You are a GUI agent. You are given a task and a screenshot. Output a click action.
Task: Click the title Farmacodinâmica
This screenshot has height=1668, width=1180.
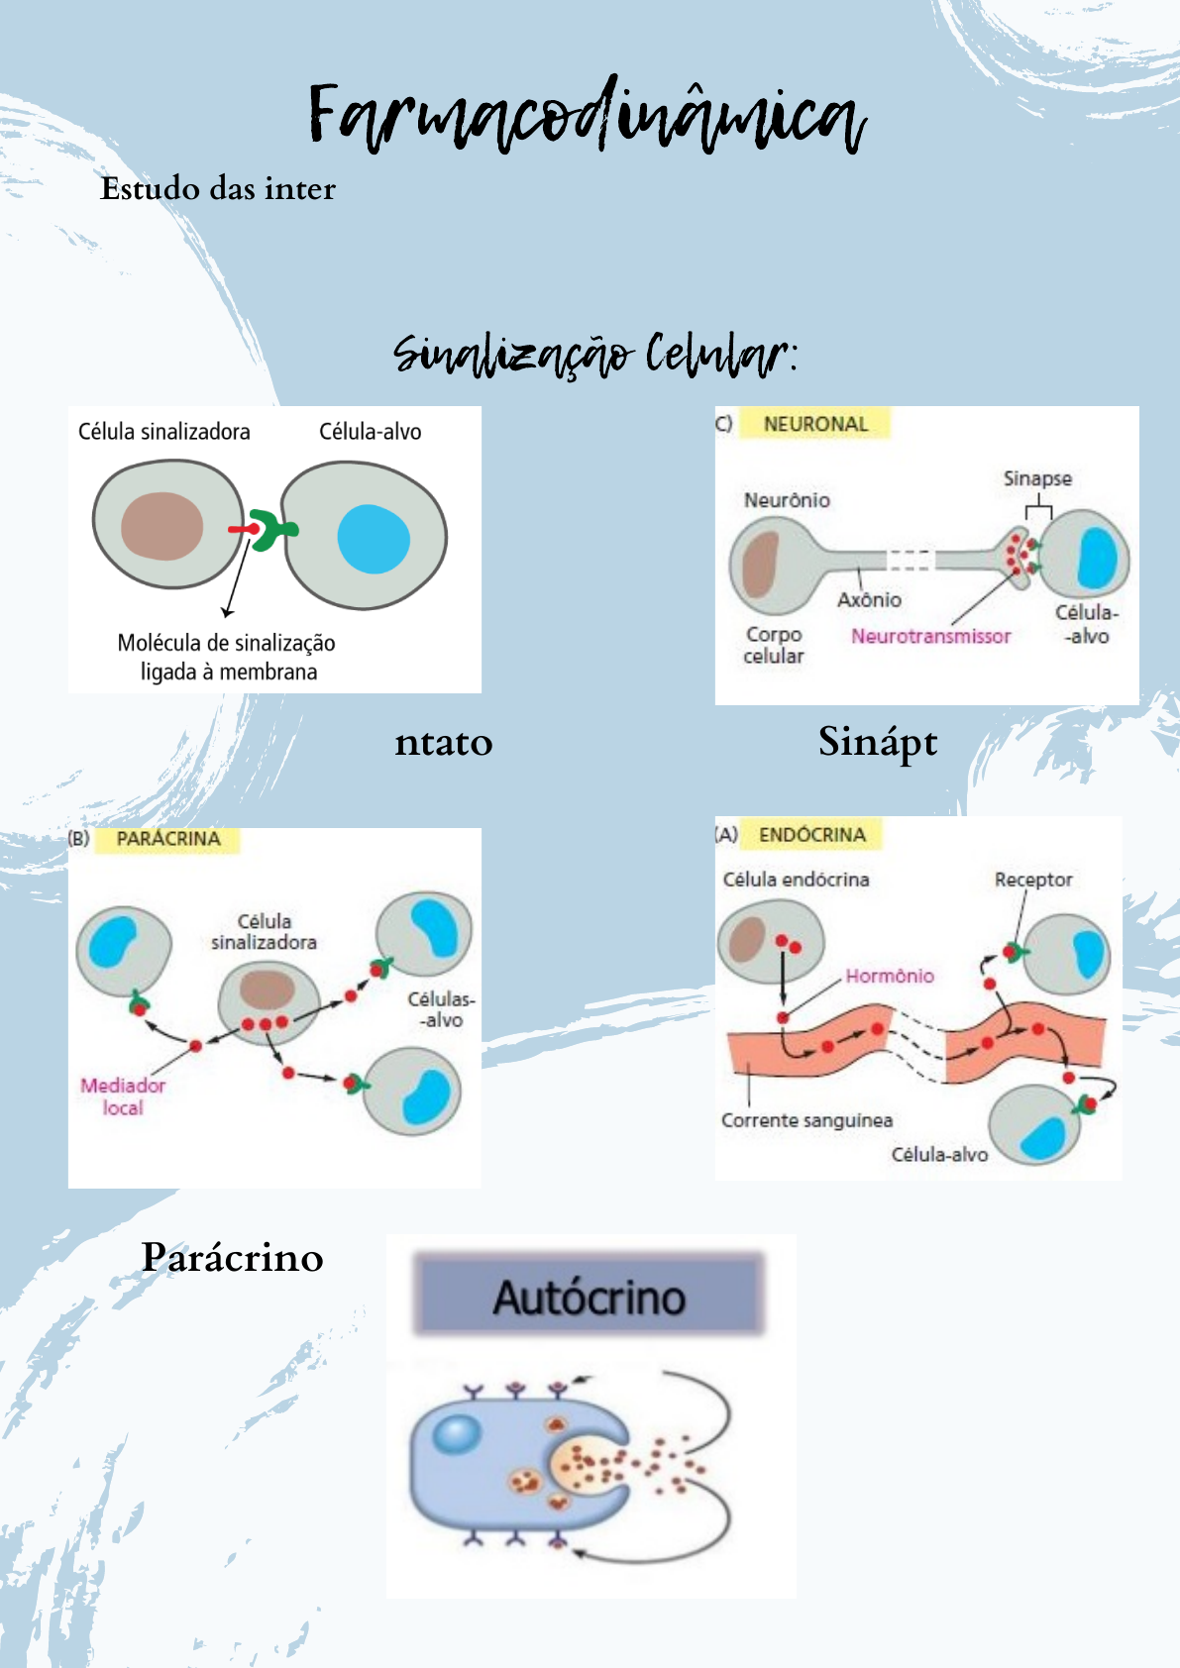[x=587, y=117]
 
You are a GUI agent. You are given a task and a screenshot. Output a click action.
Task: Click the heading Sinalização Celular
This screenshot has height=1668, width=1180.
[x=594, y=355]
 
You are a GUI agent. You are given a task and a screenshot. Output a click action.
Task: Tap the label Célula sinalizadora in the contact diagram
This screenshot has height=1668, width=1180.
[x=164, y=432]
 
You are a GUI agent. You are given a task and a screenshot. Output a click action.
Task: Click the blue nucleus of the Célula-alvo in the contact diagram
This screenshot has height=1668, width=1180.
[x=374, y=539]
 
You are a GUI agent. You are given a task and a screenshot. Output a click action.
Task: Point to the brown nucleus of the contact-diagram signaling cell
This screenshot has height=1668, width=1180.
[x=161, y=526]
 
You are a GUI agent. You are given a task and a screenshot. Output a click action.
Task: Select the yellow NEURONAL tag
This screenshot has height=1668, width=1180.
[x=815, y=424]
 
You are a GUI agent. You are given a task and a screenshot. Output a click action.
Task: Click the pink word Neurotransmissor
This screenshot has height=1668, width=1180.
[x=930, y=636]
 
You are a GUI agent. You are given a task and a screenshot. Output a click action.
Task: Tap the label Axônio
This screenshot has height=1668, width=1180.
[x=869, y=599]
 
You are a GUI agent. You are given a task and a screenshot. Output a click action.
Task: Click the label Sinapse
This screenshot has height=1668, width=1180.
[x=1037, y=478]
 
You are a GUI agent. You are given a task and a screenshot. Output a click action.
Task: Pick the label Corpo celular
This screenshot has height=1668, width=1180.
[x=774, y=645]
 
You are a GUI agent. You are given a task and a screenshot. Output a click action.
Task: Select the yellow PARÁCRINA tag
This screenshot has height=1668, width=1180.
[x=168, y=839]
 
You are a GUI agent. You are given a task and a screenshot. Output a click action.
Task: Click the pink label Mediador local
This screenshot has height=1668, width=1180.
[x=123, y=1096]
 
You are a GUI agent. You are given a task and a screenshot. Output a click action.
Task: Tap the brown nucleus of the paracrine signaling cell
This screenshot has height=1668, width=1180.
[x=268, y=990]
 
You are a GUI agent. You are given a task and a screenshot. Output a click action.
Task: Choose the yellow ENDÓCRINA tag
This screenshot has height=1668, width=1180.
[x=812, y=835]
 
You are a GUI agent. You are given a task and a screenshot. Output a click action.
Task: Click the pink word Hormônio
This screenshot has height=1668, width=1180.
[x=890, y=976]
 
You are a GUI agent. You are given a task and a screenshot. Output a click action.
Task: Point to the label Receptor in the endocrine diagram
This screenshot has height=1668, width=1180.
[x=1033, y=880]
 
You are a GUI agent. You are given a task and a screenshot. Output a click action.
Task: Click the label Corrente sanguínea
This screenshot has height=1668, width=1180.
[x=806, y=1120]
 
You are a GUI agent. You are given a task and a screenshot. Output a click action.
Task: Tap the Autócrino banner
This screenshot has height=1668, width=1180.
[x=590, y=1297]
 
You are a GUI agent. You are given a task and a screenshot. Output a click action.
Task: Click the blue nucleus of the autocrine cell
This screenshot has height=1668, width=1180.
[x=457, y=1433]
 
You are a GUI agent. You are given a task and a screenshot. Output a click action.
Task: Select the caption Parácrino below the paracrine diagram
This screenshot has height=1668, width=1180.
[x=233, y=1257]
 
